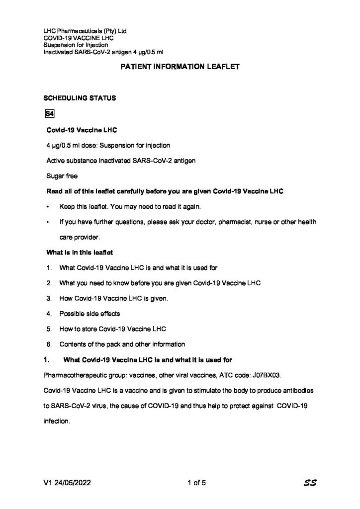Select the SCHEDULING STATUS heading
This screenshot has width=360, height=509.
80,98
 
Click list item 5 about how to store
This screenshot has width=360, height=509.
112,329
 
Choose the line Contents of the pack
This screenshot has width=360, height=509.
122,344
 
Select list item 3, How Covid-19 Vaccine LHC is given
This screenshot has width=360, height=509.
114,298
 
